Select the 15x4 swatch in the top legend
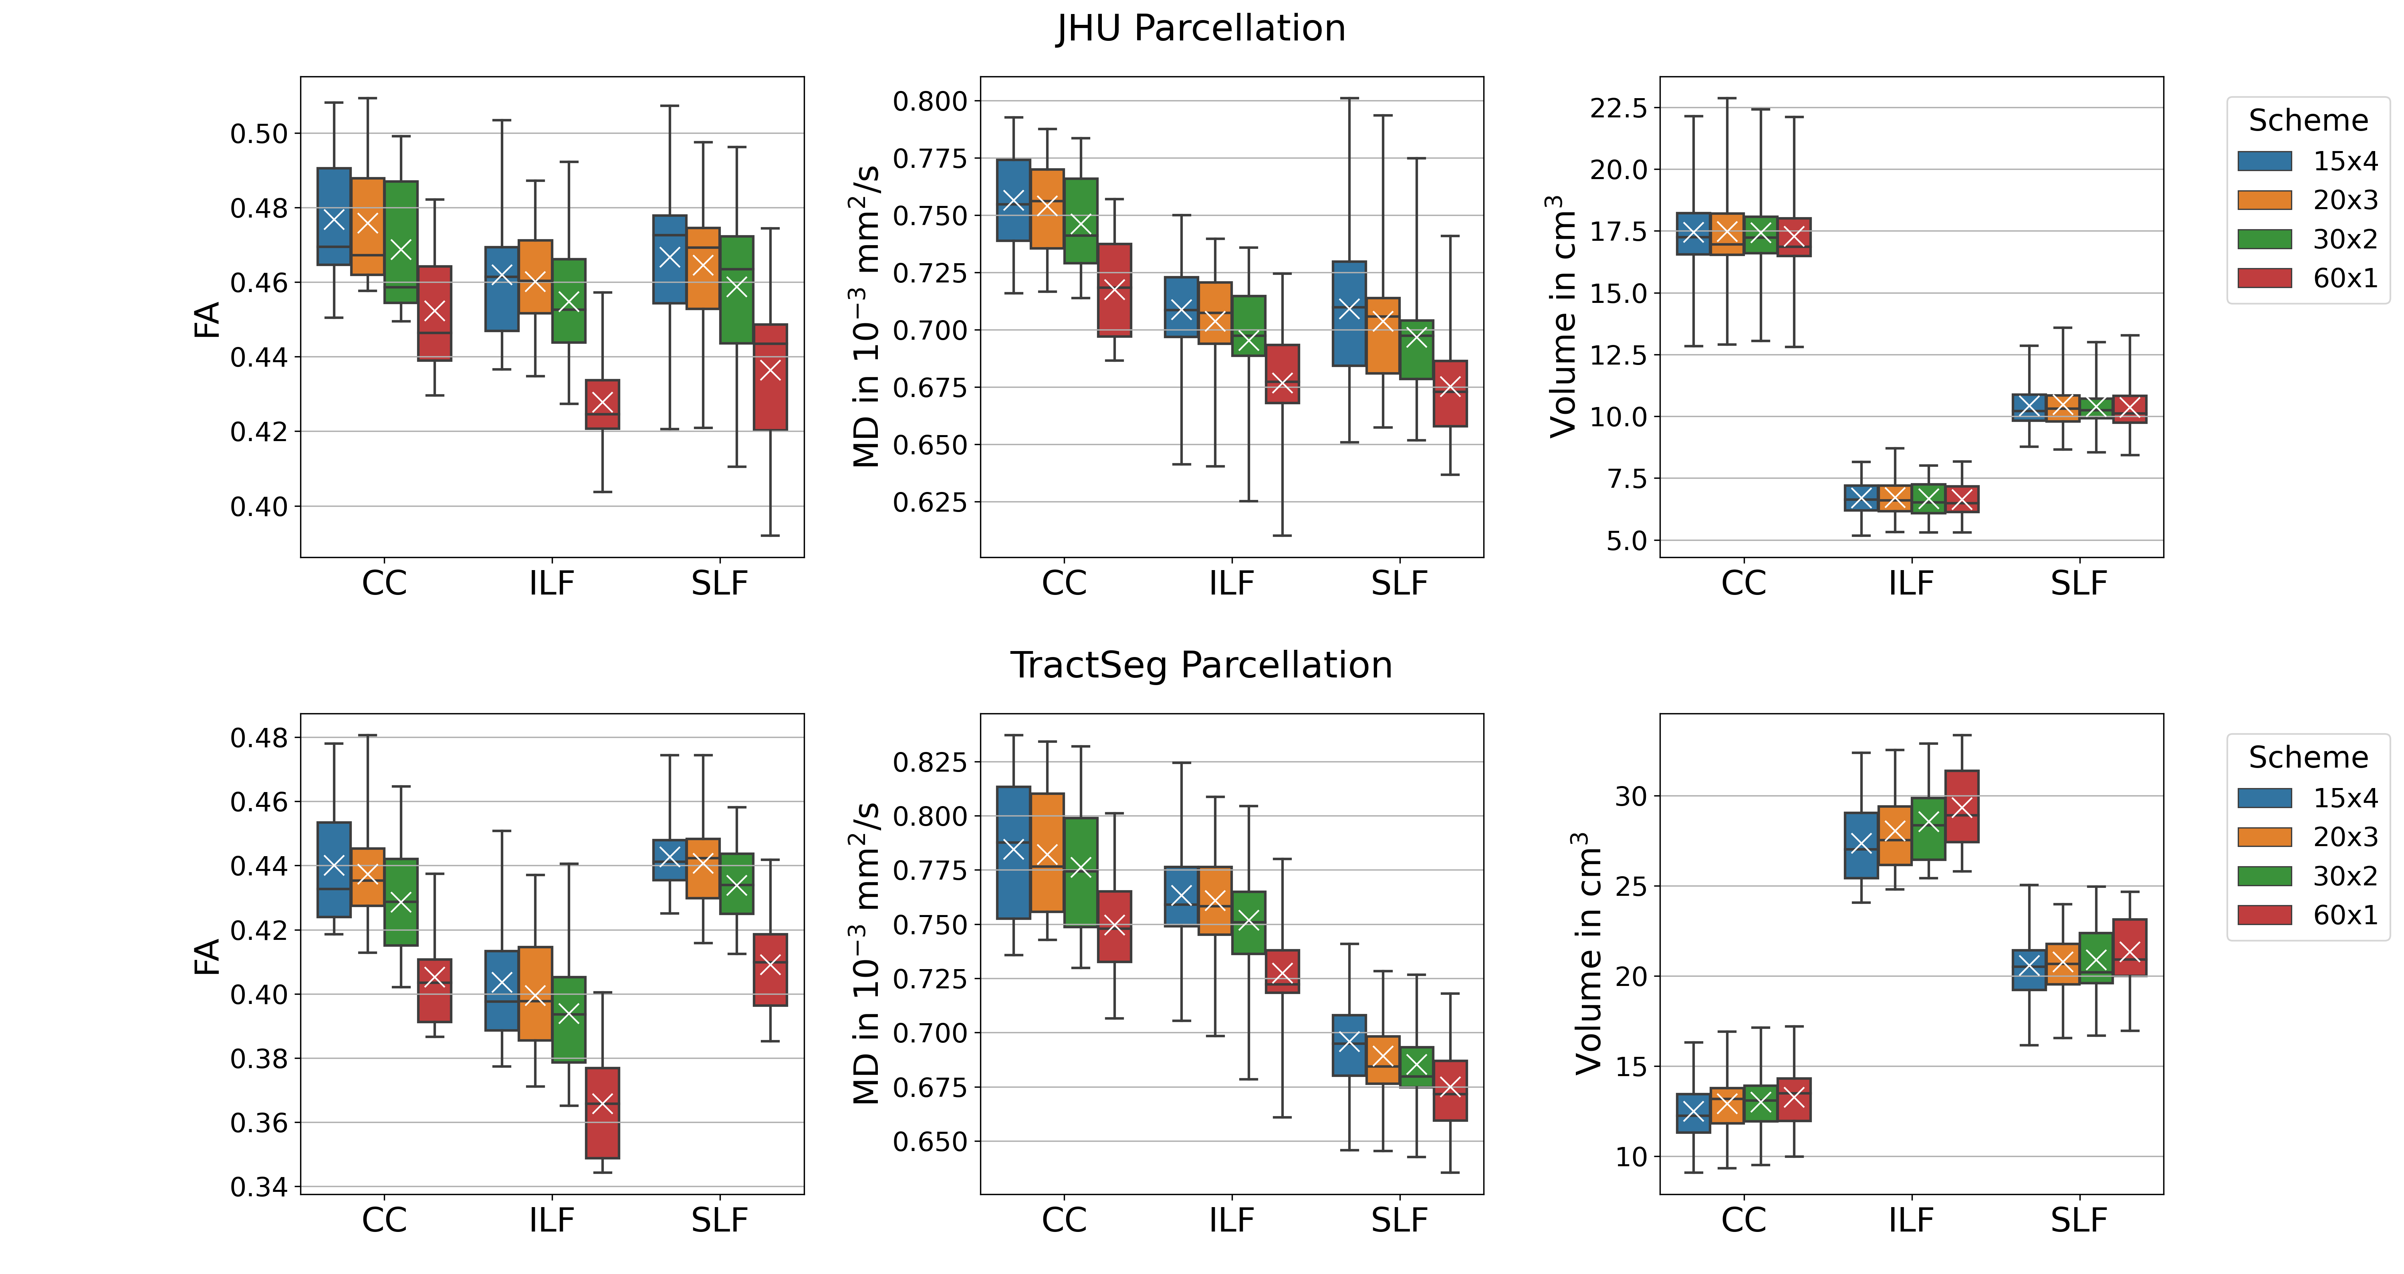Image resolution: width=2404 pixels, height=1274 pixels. (2264, 161)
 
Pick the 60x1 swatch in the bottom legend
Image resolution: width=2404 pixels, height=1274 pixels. (2264, 915)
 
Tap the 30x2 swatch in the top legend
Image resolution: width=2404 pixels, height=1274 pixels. (2264, 239)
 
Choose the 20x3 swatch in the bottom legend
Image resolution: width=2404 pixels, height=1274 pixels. (2264, 836)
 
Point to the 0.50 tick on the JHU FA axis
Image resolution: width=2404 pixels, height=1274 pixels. (260, 133)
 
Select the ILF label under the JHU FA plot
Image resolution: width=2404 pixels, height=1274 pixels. (552, 583)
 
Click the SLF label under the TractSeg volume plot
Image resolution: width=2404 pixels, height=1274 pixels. (2078, 1220)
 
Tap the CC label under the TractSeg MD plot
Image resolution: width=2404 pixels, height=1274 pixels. (1064, 1220)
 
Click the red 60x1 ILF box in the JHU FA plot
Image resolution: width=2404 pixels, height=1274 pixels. (602, 404)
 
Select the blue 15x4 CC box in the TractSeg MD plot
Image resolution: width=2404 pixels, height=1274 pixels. (1014, 852)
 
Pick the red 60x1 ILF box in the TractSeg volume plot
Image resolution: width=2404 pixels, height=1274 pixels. (1962, 806)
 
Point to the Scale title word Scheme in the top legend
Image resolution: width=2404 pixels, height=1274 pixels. (2308, 121)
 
